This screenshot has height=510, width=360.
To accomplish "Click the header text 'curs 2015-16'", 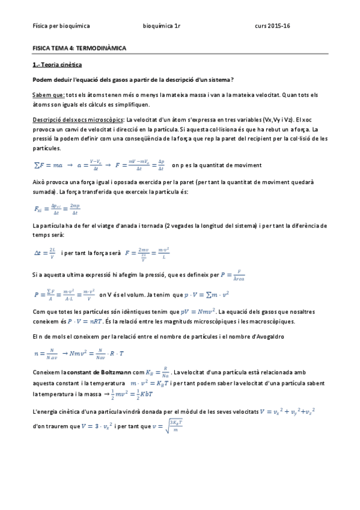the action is (272, 26).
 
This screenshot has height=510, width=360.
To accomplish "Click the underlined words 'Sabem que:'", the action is (48, 95).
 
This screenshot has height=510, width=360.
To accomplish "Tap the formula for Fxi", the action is (57, 209).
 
